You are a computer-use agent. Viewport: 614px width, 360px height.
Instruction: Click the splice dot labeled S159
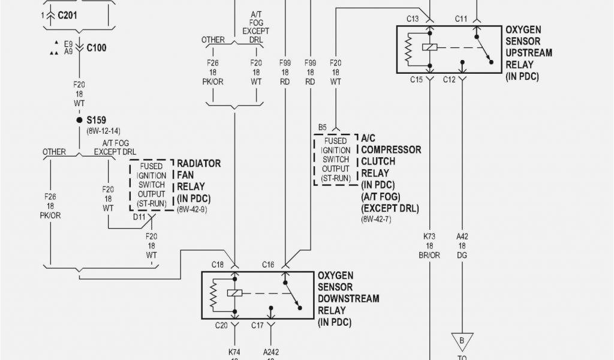[x=79, y=120]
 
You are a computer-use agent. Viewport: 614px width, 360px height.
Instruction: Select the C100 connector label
[x=97, y=47]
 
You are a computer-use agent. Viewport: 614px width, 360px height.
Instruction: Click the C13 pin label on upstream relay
[x=413, y=19]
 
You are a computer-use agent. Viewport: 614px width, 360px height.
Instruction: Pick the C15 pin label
[x=416, y=79]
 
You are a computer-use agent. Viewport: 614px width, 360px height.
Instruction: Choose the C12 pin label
[x=450, y=79]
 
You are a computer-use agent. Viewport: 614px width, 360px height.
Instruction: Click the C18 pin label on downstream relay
[x=217, y=265]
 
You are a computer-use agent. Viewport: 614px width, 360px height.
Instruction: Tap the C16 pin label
[x=268, y=265]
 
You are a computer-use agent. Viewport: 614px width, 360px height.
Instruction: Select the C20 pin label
[x=221, y=326]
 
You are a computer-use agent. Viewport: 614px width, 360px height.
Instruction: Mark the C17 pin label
[x=258, y=326]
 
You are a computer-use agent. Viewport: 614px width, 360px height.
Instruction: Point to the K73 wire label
[x=429, y=236]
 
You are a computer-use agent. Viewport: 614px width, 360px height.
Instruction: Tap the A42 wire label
[x=462, y=236]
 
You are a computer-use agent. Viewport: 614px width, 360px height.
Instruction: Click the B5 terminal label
[x=323, y=127]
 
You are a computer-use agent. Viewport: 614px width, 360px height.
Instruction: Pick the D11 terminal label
[x=140, y=217]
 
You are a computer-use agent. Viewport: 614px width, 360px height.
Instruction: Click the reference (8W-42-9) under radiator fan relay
[x=192, y=210]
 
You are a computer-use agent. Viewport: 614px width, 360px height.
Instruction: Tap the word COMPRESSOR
[x=391, y=149]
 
